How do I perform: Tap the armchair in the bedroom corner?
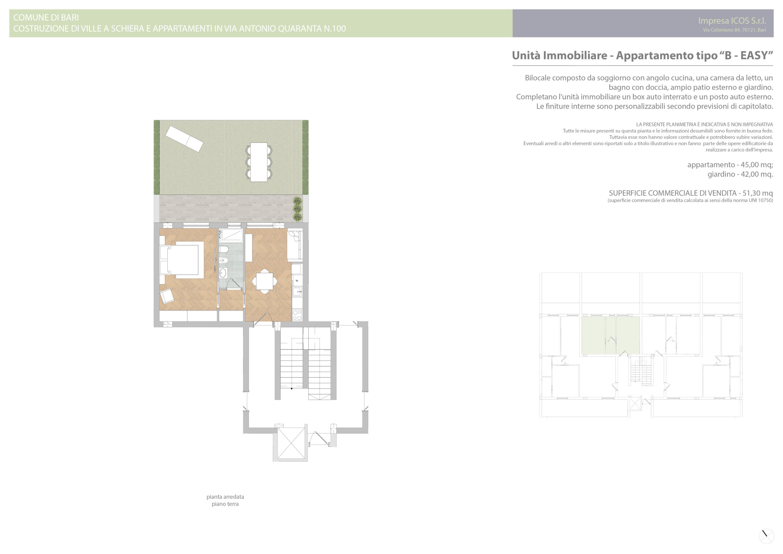coord(167,296)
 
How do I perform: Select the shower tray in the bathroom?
coord(231,236)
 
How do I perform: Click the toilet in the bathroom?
coord(224,249)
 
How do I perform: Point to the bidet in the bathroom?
coord(224,261)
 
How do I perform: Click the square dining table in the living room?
coord(265,281)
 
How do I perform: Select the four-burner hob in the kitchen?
coord(297,315)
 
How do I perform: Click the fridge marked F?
coord(297,280)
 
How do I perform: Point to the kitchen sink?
coord(297,292)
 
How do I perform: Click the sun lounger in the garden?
coord(184,139)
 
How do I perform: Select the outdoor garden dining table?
coord(259,162)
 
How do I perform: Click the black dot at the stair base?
coord(291,388)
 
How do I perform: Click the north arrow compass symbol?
coord(766,536)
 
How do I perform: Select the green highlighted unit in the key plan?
coord(610,335)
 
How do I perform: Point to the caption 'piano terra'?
coord(225,504)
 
